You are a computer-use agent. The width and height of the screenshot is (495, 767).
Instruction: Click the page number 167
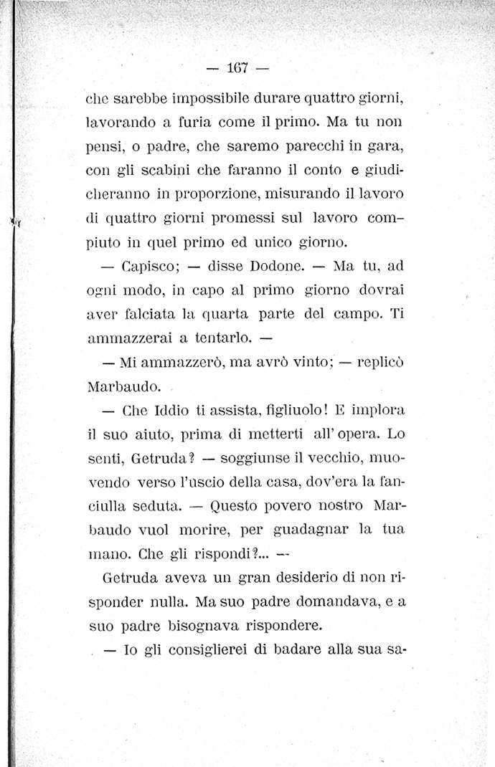pyautogui.click(x=237, y=69)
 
